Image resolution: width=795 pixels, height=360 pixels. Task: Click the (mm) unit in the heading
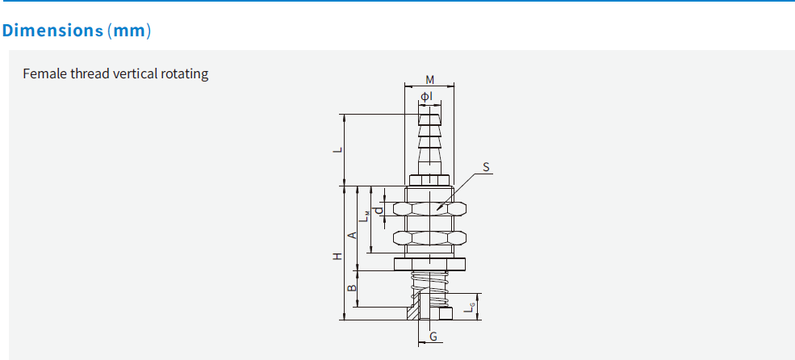pos(129,31)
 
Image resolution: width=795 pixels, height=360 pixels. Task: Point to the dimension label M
pos(429,80)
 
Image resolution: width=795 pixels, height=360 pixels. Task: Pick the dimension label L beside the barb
pos(340,149)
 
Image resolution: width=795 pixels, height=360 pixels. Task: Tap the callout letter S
pos(486,168)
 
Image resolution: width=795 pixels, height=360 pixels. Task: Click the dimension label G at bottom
pos(433,336)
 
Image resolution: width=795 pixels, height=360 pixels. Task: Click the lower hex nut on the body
pos(429,238)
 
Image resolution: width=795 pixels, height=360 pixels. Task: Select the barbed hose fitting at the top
pos(429,141)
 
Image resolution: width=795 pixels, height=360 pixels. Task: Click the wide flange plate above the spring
pos(429,264)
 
